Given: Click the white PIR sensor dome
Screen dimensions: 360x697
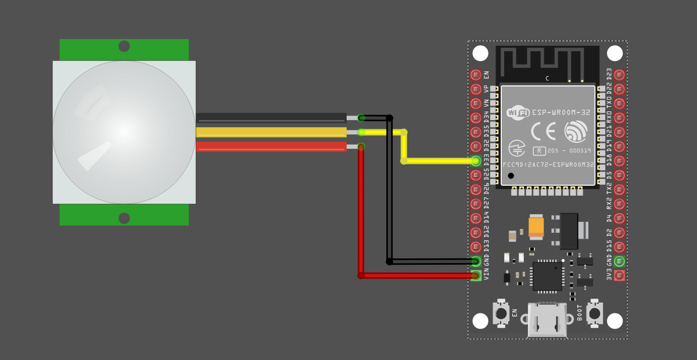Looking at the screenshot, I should coord(124,132).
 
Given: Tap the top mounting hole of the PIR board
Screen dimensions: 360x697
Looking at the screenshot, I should coord(124,46).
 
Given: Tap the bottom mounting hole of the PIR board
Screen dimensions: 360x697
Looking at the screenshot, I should coord(124,218).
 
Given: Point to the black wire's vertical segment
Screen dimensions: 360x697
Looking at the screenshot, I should coord(389,192).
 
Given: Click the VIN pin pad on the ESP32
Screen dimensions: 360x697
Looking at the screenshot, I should coord(476,275).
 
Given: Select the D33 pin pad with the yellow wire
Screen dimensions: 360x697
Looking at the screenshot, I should coord(476,161).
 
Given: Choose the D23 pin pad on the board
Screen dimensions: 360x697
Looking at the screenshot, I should coord(619,75).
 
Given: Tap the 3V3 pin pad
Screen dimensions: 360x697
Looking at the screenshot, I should coord(619,275).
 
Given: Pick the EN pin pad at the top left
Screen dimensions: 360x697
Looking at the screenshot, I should coord(476,75).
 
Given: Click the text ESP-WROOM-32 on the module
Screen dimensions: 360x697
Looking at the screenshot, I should coord(561,113).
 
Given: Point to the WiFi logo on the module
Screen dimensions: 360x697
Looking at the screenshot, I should coord(518,113).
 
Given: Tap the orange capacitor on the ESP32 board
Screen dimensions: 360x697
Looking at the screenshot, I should coord(536,226).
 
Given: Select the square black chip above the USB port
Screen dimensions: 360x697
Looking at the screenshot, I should coord(547,276).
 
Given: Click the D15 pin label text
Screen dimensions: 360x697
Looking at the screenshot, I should coord(609,246).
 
